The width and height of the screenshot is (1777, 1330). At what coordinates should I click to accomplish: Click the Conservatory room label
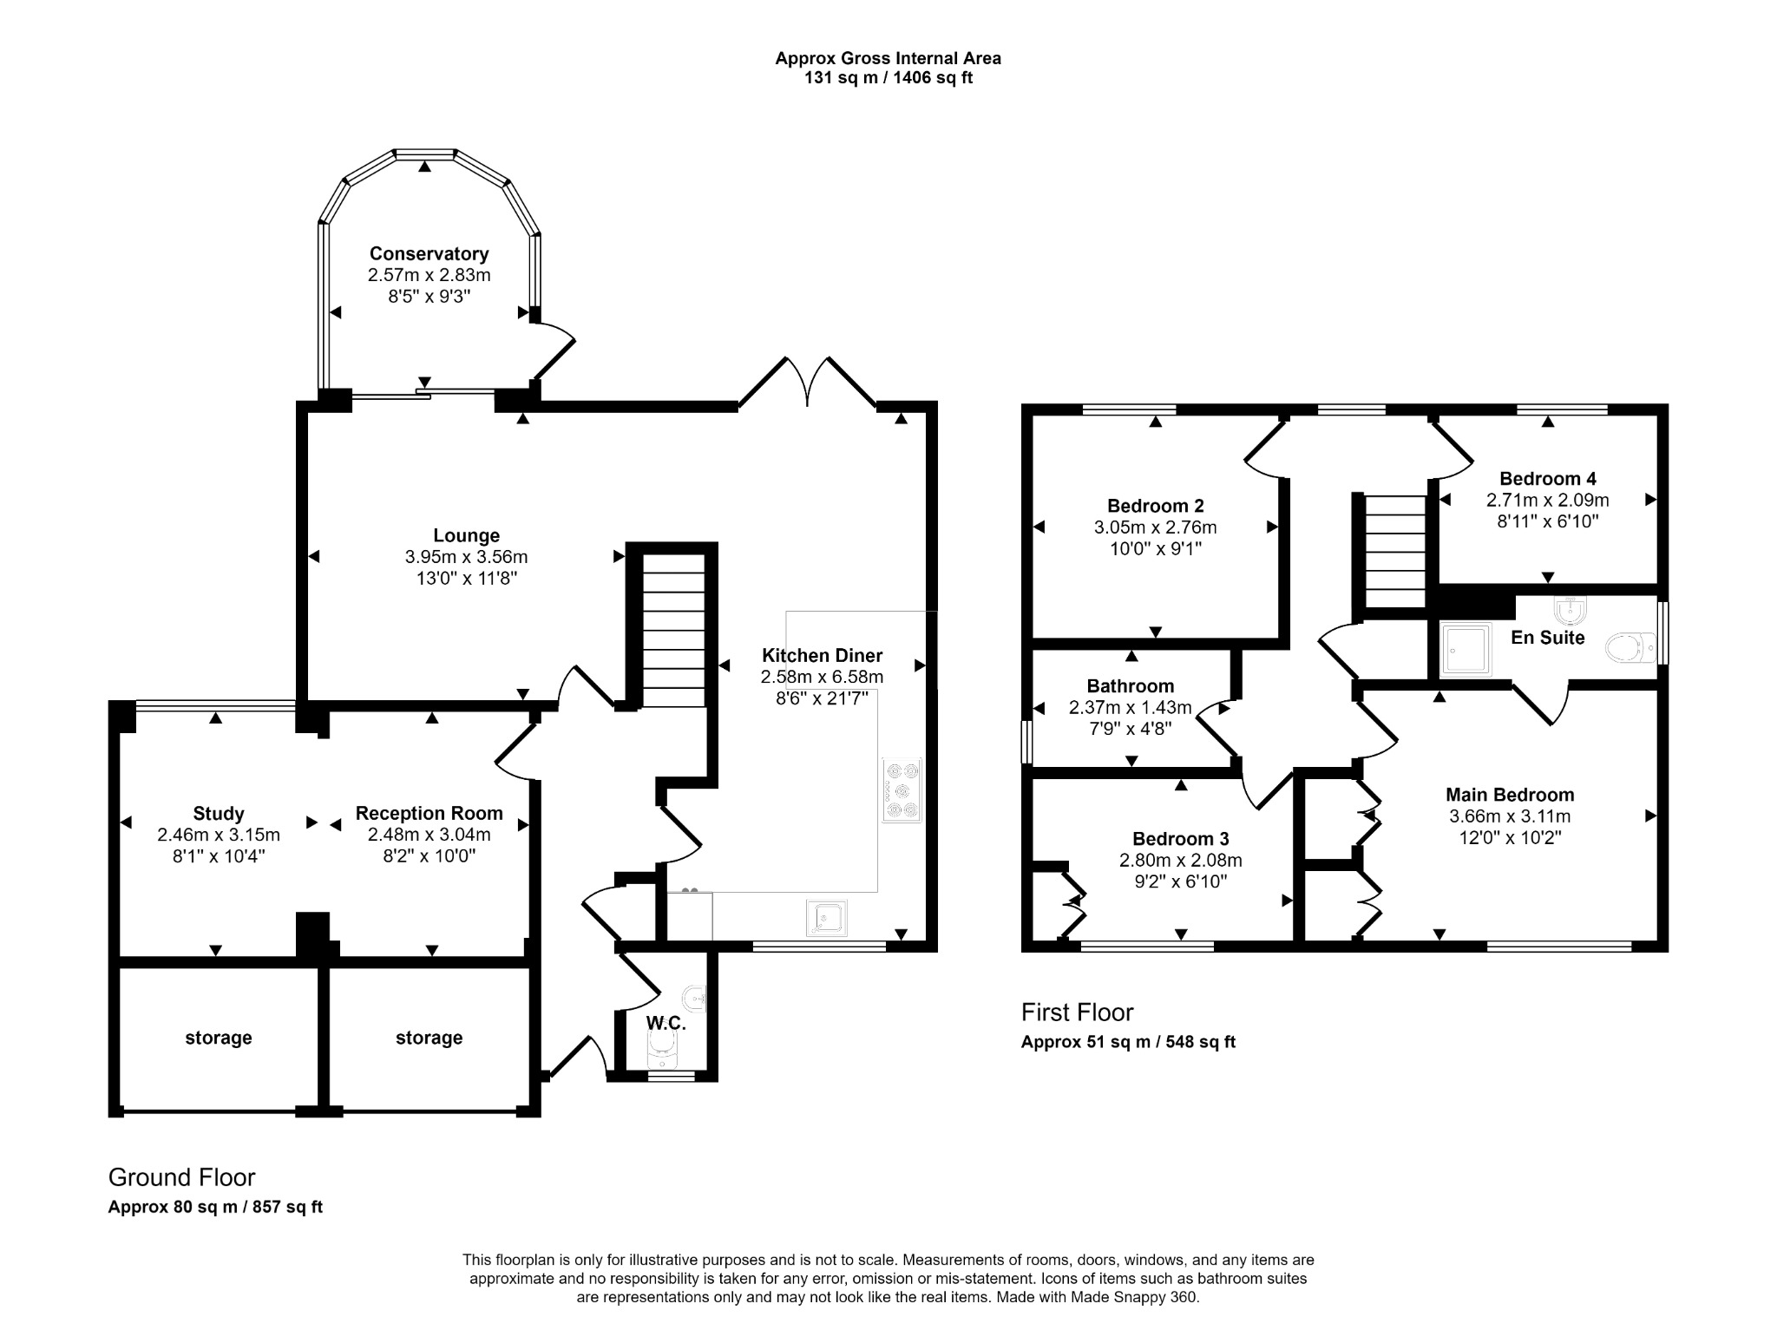pyautogui.click(x=429, y=253)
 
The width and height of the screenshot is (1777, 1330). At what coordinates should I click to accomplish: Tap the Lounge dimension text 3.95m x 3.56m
pyautogui.click(x=466, y=557)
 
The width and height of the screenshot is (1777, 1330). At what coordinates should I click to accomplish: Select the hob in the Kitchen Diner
pyautogui.click(x=902, y=789)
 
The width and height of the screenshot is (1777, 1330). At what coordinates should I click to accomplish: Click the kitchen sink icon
pyautogui.click(x=826, y=919)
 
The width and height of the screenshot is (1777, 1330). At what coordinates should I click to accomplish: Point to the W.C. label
pyautogui.click(x=666, y=1024)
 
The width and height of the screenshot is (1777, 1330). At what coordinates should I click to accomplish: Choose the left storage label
pyautogui.click(x=219, y=1038)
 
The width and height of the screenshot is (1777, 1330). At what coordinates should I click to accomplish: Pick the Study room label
pyautogui.click(x=219, y=814)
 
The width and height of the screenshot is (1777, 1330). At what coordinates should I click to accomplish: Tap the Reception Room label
pyautogui.click(x=429, y=814)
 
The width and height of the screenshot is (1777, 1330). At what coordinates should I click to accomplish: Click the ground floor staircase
pyautogui.click(x=673, y=631)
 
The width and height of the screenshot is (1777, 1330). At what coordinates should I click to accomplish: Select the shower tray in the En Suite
pyautogui.click(x=1466, y=649)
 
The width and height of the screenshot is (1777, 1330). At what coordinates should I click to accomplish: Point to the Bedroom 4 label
pyautogui.click(x=1548, y=479)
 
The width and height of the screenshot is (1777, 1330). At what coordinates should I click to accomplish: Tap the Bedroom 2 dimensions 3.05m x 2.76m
pyautogui.click(x=1156, y=527)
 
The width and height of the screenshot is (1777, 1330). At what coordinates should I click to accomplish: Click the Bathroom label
pyautogui.click(x=1131, y=686)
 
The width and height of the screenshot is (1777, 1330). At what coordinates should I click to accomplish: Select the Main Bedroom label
pyautogui.click(x=1510, y=795)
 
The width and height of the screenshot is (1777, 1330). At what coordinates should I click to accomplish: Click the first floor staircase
pyautogui.click(x=1396, y=552)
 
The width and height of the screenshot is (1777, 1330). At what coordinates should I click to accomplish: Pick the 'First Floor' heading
pyautogui.click(x=1078, y=1012)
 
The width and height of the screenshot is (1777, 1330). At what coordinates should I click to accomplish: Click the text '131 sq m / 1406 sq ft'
pyautogui.click(x=888, y=78)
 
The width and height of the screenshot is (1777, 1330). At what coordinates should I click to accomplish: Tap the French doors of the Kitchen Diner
pyautogui.click(x=808, y=382)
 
